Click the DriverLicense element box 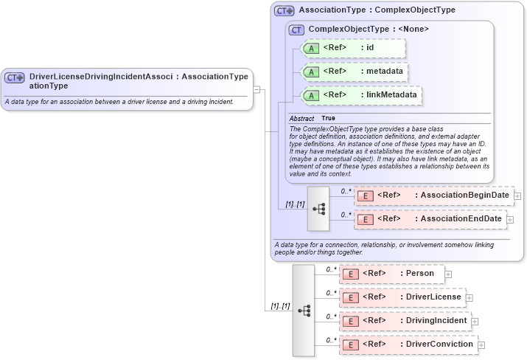pos(402,297)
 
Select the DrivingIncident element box pos(405,321)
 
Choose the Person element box pos(391,274)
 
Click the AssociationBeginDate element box pos(433,195)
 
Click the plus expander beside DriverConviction pos(481,345)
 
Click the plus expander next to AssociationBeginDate pos(517,196)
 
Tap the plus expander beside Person pos(448,274)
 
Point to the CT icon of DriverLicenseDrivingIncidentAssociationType pos(15,77)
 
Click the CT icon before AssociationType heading pos(284,11)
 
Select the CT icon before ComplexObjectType pos(296,30)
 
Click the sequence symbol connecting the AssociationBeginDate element pos(318,208)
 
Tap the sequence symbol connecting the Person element pos(304,310)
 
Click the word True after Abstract pos(328,119)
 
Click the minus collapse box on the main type pos(256,89)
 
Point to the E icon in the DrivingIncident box pos(352,322)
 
